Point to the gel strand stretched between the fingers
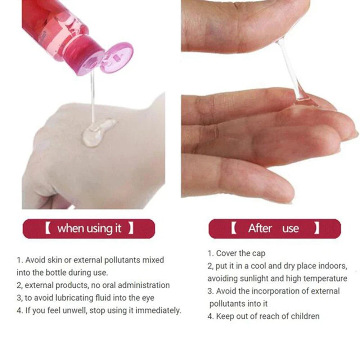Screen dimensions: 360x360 point(290,70)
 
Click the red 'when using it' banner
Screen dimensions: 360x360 point(89,229)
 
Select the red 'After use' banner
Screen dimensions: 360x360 point(274,229)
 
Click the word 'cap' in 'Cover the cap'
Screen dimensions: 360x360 point(258,253)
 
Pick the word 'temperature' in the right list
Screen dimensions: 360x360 point(326,278)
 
